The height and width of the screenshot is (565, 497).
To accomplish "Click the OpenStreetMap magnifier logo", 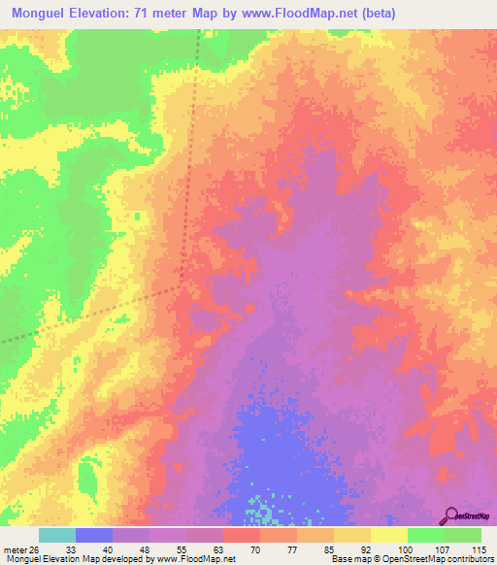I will coord(452,515).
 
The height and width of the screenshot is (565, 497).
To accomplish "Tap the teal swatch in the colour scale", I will coord(57,535).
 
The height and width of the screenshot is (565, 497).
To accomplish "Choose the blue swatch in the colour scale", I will coord(94,535).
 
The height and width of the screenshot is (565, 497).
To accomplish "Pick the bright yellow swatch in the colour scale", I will coord(388,535).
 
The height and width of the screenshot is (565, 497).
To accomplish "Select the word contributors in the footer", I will coord(465,559).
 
